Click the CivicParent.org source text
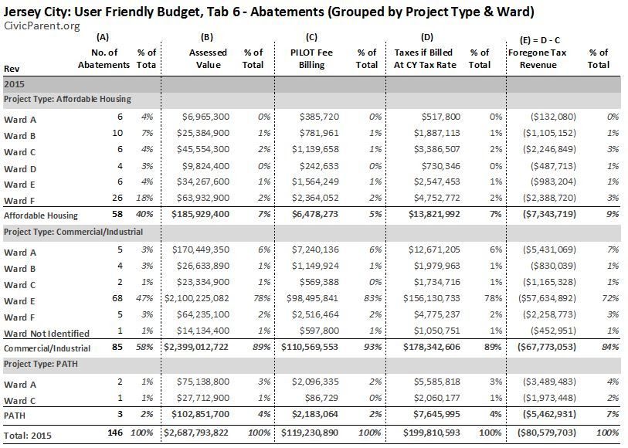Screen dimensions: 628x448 (42, 26)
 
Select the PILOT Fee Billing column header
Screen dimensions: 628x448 (311, 59)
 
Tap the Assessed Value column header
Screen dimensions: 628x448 (208, 59)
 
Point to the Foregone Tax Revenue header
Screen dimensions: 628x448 (538, 59)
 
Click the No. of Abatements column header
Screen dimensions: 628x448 (104, 59)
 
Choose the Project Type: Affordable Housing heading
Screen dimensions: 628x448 (67, 99)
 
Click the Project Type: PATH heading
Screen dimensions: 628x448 (41, 364)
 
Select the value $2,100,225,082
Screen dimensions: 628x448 (197, 298)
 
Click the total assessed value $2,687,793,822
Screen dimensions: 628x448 (196, 433)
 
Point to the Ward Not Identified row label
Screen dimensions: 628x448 (46, 334)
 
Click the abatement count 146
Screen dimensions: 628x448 (115, 433)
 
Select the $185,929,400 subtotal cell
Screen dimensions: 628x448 (200, 214)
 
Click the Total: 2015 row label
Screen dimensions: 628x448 (28, 435)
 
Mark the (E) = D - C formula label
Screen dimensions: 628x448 (539, 40)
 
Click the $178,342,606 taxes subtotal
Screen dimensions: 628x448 (432, 347)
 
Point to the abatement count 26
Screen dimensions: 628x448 (117, 198)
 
